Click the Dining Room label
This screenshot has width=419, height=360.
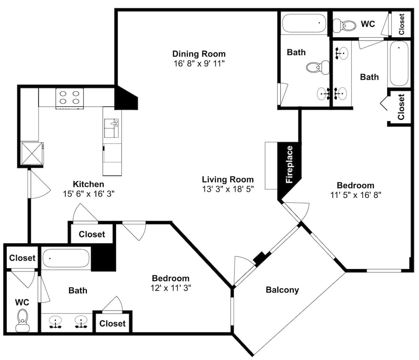point(199,54)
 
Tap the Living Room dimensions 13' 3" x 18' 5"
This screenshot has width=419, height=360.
point(228,189)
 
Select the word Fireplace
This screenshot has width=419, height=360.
point(290,164)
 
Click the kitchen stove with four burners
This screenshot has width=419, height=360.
point(70,98)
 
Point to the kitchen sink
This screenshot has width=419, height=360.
point(111,128)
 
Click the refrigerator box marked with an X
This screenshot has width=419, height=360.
point(32,153)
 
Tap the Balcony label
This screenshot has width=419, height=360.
point(282,290)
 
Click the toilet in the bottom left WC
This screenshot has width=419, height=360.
point(23,321)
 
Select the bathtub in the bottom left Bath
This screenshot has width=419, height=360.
point(66,258)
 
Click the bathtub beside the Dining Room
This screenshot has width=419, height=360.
point(304,23)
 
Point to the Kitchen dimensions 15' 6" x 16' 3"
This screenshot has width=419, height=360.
point(89,194)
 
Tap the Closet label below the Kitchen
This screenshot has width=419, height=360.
point(92,234)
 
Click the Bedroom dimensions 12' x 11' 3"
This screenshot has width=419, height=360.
point(171,287)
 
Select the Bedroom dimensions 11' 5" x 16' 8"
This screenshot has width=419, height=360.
point(356,195)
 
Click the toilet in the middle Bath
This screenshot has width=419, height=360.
point(318,67)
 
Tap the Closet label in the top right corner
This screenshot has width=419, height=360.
point(401,24)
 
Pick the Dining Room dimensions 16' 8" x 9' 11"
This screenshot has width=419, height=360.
point(199,63)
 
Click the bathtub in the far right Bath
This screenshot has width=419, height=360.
point(399,63)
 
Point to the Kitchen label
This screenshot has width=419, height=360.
point(88,184)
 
